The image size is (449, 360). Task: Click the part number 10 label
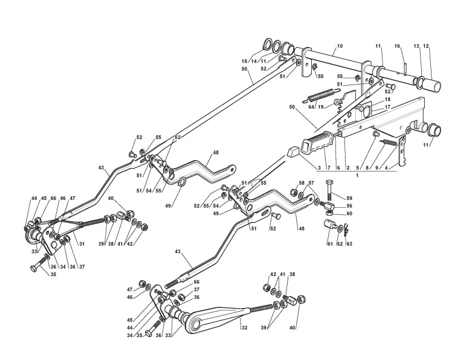tap(340, 46)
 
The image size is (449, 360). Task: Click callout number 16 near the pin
tap(397, 46)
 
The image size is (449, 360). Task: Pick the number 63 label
tap(349, 245)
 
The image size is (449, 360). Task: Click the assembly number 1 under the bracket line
tap(357, 174)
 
